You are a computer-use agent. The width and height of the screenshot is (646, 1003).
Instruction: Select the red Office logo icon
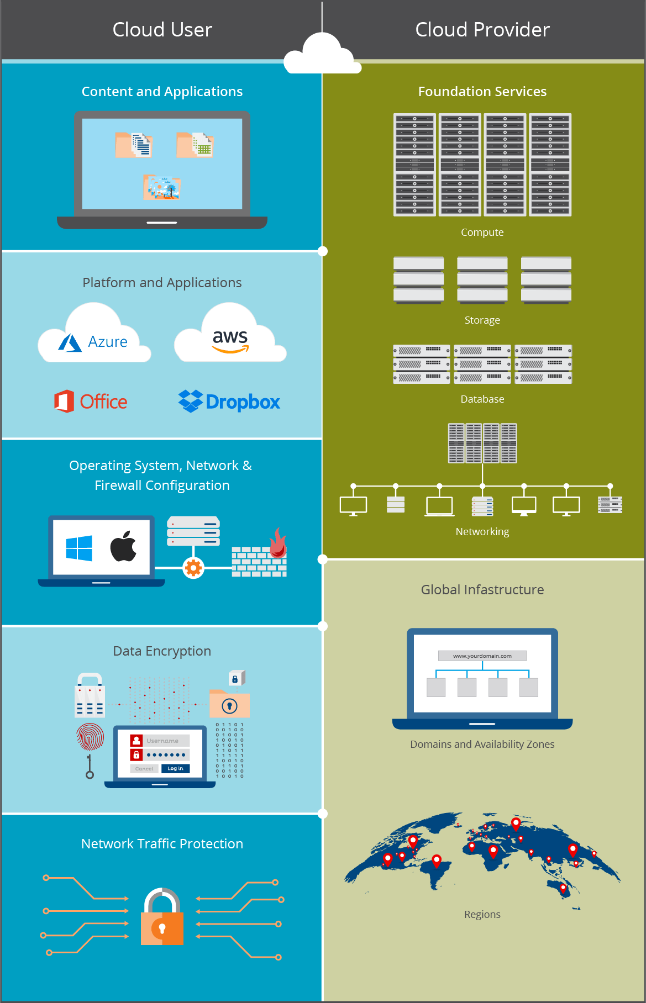(64, 402)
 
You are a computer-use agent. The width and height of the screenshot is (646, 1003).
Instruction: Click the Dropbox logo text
(243, 402)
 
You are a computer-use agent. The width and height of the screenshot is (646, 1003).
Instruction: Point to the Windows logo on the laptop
(79, 548)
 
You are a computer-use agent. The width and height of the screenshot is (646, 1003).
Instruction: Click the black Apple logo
(123, 547)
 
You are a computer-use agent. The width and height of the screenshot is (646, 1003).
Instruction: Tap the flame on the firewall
(278, 542)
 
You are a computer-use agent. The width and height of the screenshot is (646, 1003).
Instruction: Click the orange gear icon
(193, 568)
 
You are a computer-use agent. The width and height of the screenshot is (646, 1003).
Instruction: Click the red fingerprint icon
(90, 737)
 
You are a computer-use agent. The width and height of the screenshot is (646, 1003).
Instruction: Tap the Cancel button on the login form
(144, 769)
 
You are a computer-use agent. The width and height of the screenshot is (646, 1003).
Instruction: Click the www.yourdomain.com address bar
(482, 656)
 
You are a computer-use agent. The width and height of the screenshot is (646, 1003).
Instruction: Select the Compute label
(482, 233)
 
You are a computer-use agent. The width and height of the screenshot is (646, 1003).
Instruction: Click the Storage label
(482, 320)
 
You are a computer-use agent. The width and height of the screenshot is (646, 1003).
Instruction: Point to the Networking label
(482, 532)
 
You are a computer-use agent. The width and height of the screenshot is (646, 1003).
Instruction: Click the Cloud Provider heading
(482, 30)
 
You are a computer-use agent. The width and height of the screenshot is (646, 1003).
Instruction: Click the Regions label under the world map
(482, 915)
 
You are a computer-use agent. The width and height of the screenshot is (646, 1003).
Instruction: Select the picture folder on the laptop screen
(162, 187)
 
